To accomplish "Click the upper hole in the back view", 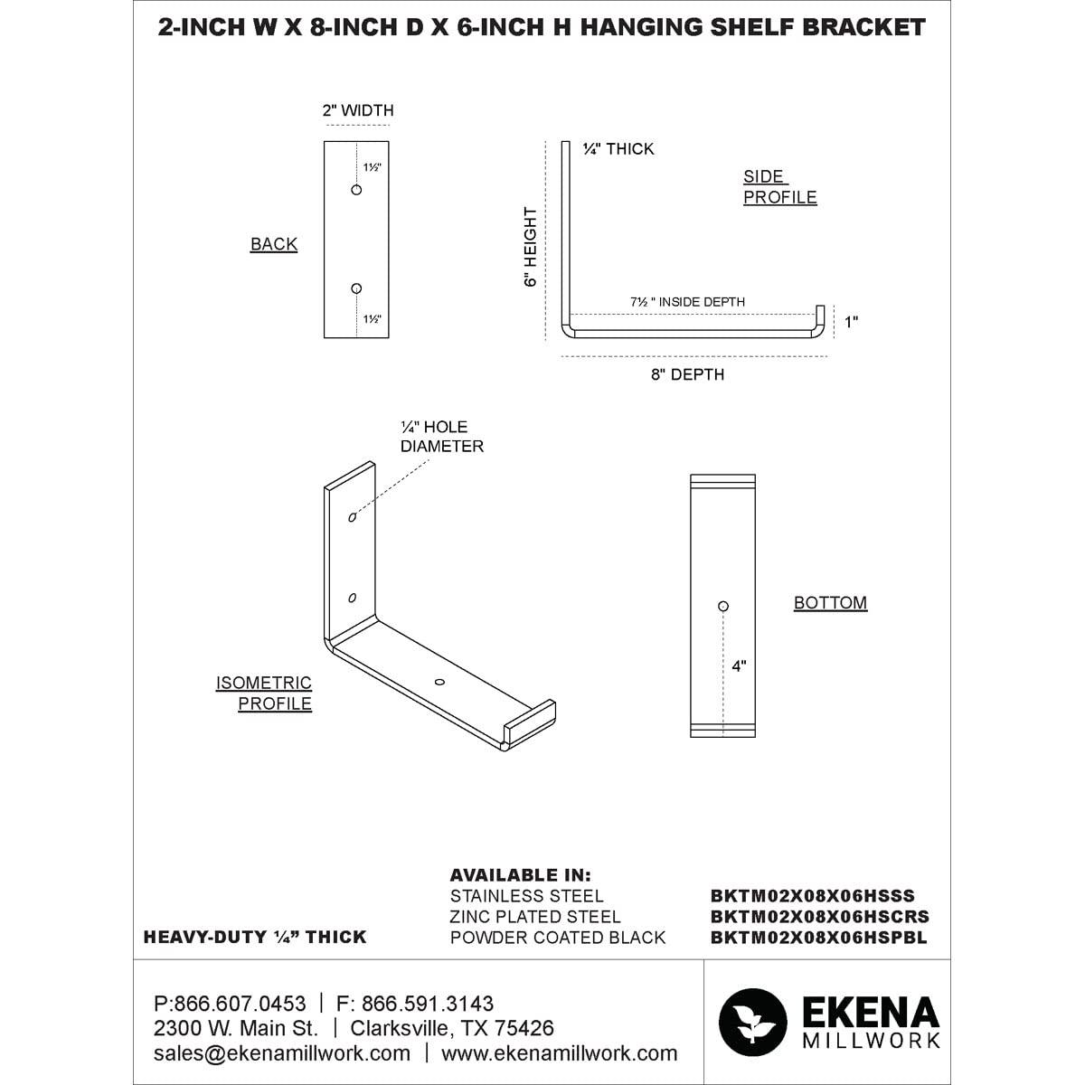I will pyautogui.click(x=356, y=190).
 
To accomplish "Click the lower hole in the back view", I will pyautogui.click(x=356, y=288).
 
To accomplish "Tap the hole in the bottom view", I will pyautogui.click(x=722, y=606).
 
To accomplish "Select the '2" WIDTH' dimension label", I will pyautogui.click(x=358, y=111).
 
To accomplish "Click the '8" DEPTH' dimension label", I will pyautogui.click(x=687, y=374).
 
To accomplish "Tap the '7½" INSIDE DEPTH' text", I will pyautogui.click(x=688, y=302).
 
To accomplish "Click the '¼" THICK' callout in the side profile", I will pyautogui.click(x=618, y=149).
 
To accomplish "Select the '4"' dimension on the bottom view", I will pyautogui.click(x=740, y=666).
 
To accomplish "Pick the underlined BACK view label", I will pyautogui.click(x=274, y=244).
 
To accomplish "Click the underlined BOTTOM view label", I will pyautogui.click(x=830, y=603).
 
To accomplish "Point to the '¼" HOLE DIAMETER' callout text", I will pyautogui.click(x=442, y=437).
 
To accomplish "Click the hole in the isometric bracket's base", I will pyautogui.click(x=439, y=681).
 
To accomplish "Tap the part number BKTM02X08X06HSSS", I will pyautogui.click(x=813, y=897).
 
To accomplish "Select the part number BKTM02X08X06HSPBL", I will pyautogui.click(x=819, y=938).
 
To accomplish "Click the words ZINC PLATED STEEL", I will pyautogui.click(x=535, y=917).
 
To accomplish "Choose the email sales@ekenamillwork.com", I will pyautogui.click(x=282, y=1053).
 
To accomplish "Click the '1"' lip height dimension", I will pyautogui.click(x=850, y=322).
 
